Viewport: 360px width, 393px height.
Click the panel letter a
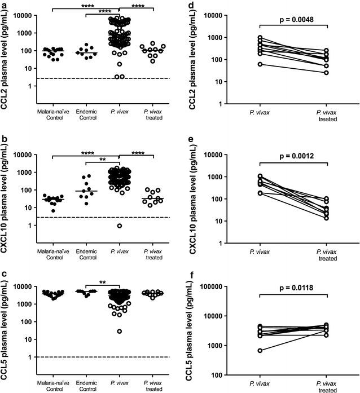pos(4,5)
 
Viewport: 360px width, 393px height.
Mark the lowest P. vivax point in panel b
pos(119,226)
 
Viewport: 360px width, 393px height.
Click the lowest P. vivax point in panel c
pos(119,332)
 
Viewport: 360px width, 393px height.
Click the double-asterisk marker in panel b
pos(103,159)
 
